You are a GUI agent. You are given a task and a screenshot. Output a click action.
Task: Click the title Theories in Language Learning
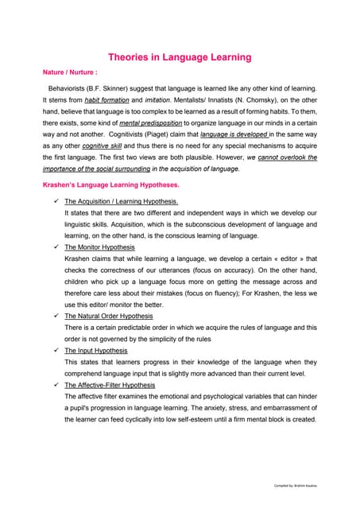pos(180,57)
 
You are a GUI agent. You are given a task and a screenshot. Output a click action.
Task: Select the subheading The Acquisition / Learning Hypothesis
pos(121,202)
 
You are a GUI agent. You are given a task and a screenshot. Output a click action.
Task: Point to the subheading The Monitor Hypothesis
pos(99,247)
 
